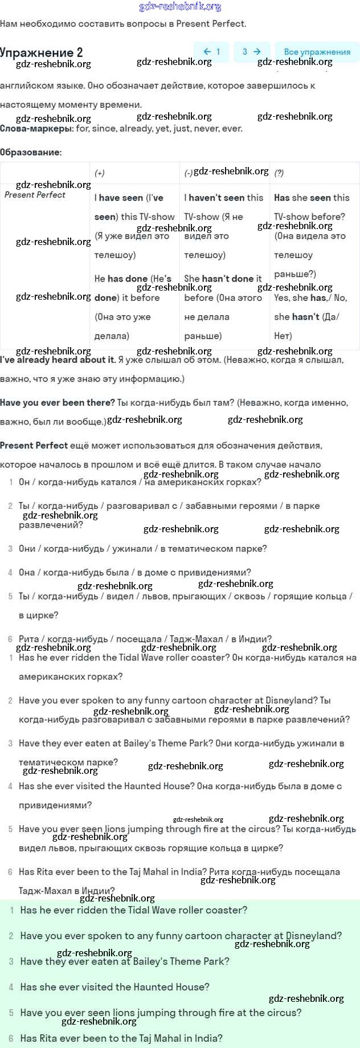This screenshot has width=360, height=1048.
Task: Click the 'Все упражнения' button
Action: [x=317, y=52]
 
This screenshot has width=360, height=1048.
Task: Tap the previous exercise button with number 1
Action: [x=212, y=52]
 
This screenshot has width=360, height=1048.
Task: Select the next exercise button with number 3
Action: [x=251, y=52]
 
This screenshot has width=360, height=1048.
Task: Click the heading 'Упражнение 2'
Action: [x=42, y=52]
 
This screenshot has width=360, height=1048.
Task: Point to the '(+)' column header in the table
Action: [x=100, y=173]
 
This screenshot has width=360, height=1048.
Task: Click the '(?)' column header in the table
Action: [x=279, y=173]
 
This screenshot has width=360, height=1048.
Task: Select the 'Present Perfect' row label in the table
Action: [x=35, y=195]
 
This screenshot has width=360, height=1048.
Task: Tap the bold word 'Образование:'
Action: [x=31, y=152]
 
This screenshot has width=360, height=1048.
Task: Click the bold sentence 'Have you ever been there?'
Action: [x=58, y=403]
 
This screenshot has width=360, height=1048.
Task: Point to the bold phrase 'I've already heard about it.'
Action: [x=58, y=360]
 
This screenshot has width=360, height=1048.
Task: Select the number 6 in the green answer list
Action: [x=11, y=1038]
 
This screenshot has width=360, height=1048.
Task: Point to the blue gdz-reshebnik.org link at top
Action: [x=180, y=7]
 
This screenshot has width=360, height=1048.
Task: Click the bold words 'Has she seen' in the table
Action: [x=302, y=198]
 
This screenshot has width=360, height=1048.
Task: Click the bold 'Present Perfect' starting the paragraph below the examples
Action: [x=34, y=446]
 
